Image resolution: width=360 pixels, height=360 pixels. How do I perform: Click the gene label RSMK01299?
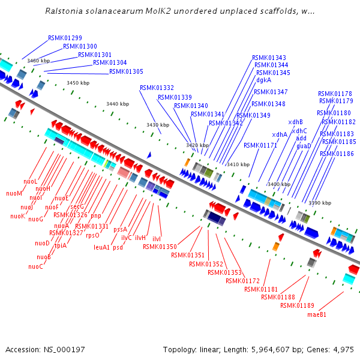pyautogui.click(x=65, y=38)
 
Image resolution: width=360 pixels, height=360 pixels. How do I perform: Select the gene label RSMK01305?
pyautogui.click(x=126, y=71)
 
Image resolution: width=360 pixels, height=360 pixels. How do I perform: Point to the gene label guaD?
pyautogui.click(x=304, y=146)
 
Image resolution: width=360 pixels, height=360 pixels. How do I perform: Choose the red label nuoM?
pyautogui.click(x=14, y=193)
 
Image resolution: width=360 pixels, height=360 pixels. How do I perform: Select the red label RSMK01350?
pyautogui.click(x=160, y=247)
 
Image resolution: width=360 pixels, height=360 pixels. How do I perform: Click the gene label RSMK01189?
pyautogui.click(x=297, y=305)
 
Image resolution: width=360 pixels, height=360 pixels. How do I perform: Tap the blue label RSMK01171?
pyautogui.click(x=260, y=145)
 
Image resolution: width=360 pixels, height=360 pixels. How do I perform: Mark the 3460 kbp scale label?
pyautogui.click(x=38, y=61)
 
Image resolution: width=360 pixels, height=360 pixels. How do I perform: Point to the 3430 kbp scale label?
pyautogui.click(x=158, y=125)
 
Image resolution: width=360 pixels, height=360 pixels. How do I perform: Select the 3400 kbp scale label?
pyautogui.click(x=279, y=184)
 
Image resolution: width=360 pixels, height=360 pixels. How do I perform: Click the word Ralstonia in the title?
pyautogui.click(x=65, y=11)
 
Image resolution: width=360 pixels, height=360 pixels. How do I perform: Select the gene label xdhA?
pyautogui.click(x=280, y=134)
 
